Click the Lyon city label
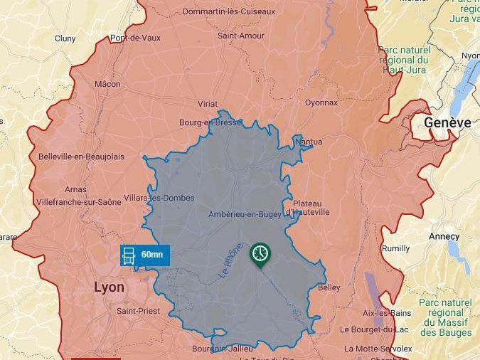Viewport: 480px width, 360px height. click(109, 287)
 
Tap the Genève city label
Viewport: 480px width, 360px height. click(447, 122)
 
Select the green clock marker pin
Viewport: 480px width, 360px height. click(260, 254)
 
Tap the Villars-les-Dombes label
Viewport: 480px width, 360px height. click(159, 198)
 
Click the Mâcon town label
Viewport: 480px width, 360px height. click(107, 83)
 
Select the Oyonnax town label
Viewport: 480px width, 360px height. click(321, 102)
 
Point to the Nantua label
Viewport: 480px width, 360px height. click(308, 142)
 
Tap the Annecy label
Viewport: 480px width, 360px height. click(444, 235)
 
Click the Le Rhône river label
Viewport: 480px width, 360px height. click(231, 261)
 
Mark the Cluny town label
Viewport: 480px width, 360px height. click(65, 38)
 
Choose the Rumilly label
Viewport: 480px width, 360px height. click(395, 248)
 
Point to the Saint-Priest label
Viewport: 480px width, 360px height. click(138, 311)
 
